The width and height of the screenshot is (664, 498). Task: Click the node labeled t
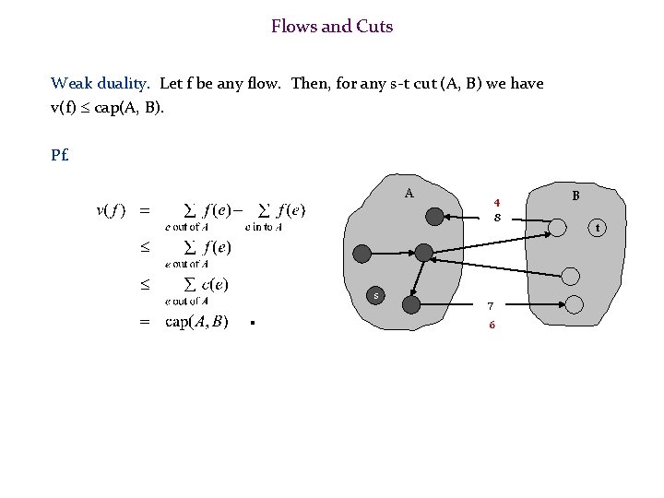(598, 227)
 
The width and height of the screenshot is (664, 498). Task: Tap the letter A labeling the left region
(409, 193)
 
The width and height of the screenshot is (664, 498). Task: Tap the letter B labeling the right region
(575, 196)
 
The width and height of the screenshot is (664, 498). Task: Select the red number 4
(497, 202)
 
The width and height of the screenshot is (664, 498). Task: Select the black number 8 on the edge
(497, 218)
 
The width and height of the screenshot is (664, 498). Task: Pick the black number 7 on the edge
(491, 305)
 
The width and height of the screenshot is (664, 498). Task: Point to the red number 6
(492, 325)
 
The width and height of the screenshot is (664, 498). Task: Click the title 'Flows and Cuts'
(332, 27)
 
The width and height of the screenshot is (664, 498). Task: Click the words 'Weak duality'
(101, 83)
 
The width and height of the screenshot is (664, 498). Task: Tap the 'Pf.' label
(61, 154)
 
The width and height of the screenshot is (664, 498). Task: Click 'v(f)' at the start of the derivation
(112, 209)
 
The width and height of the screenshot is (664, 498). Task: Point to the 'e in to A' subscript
(264, 227)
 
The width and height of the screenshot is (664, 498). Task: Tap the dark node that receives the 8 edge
(434, 217)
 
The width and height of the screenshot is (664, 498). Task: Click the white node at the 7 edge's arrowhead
(574, 303)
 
